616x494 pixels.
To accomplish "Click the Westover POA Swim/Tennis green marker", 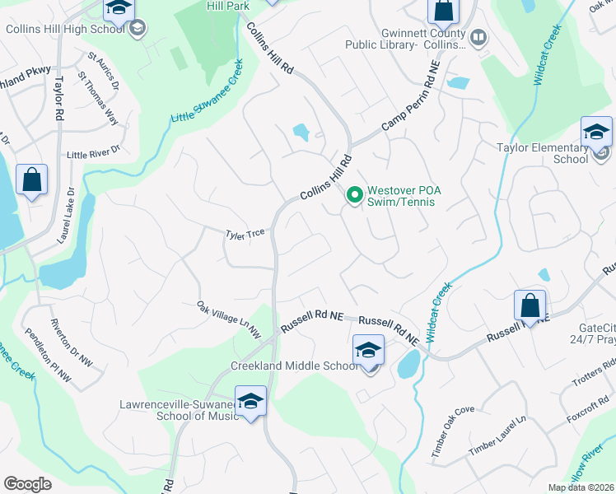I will click(x=355, y=195).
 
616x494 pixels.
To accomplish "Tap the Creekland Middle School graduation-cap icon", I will click(x=368, y=350).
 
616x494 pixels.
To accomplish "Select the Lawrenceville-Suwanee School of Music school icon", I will click(x=250, y=401).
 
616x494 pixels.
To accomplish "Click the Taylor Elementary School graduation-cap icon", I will click(x=595, y=132).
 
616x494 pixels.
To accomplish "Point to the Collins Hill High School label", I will click(x=63, y=29).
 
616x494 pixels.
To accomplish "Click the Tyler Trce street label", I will click(x=245, y=233).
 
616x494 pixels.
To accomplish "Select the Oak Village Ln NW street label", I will click(x=228, y=319).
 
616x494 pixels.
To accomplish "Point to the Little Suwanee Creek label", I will click(x=207, y=91).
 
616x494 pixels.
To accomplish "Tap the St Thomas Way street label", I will click(x=98, y=98).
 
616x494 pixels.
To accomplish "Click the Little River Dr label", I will click(x=93, y=151).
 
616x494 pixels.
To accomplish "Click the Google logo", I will click(x=28, y=484).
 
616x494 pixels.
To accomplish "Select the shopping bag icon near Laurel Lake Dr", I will click(x=31, y=180).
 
